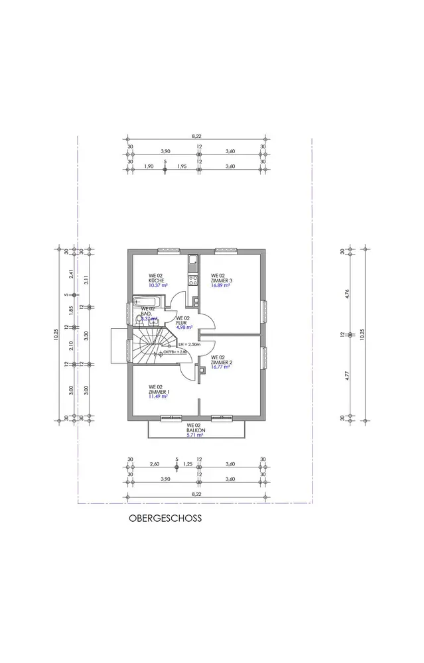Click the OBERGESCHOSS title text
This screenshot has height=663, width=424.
(x=165, y=519)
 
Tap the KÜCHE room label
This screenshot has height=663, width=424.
(x=156, y=280)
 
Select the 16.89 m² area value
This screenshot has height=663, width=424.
(x=221, y=286)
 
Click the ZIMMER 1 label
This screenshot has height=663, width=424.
(x=159, y=392)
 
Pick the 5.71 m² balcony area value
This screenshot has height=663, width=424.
(x=194, y=435)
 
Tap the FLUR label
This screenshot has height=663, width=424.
(x=183, y=322)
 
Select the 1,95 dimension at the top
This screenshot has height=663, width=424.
(x=181, y=166)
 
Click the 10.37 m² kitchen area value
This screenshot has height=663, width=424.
(x=158, y=286)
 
